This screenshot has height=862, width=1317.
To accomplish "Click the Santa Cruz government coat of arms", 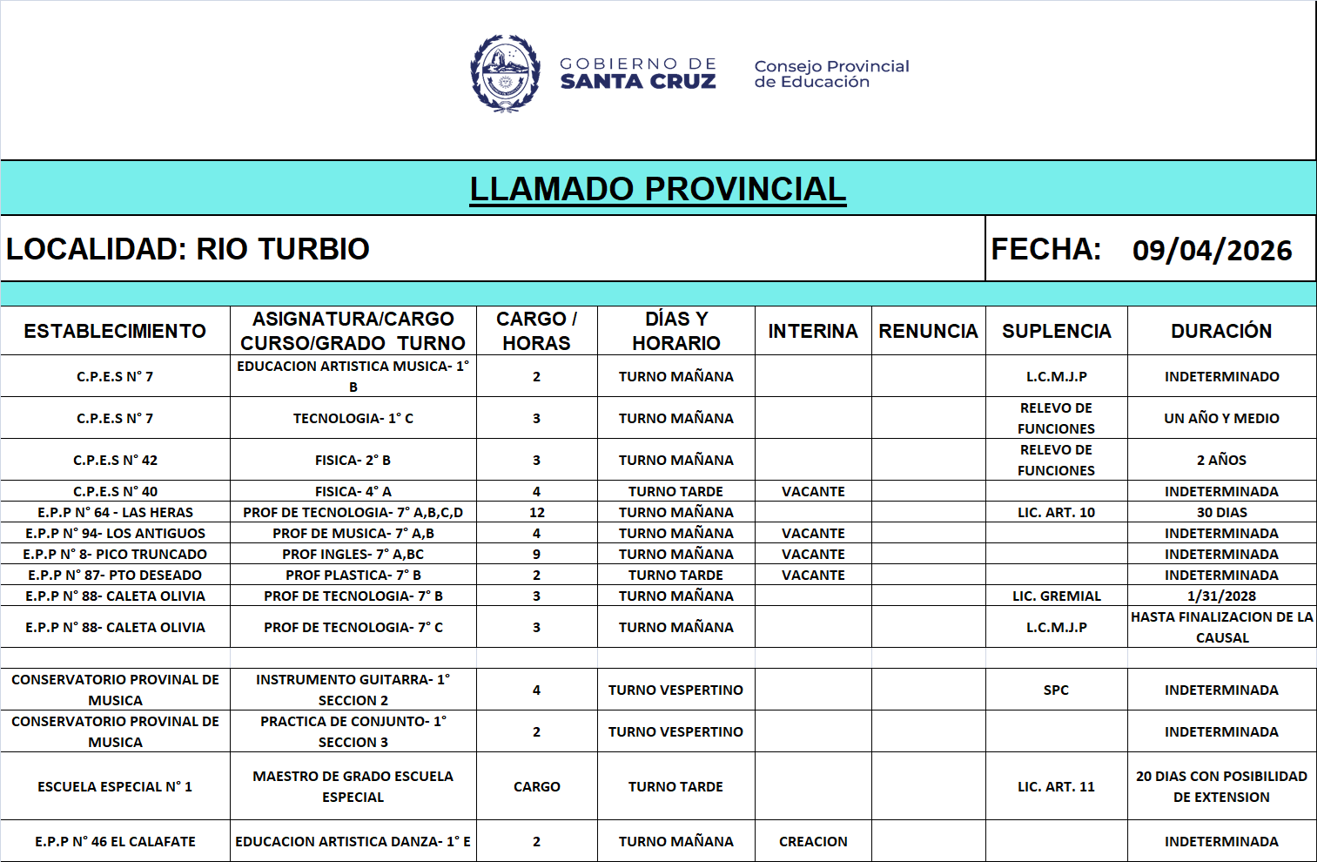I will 505,73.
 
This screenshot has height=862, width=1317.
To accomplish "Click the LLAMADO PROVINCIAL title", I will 657,189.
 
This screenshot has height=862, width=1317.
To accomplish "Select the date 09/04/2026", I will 1212,251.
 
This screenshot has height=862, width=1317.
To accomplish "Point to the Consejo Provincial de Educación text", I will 831,74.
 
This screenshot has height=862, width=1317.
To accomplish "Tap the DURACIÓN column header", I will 1221,331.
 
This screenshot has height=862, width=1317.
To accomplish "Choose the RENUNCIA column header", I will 928,331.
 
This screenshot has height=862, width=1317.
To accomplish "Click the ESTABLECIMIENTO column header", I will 115,331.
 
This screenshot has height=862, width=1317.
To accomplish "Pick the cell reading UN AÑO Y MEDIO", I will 1221,418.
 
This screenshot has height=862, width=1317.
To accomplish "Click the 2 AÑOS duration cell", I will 1221,460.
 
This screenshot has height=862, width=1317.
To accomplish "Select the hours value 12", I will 537,512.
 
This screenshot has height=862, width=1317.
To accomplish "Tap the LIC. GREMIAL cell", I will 1056,596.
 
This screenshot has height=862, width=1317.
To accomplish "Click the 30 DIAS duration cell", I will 1221,512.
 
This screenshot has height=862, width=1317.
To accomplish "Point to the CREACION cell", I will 813,841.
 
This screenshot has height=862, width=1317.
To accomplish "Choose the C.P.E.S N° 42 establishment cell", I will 115,460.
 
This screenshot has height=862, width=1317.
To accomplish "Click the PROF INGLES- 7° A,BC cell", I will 353,554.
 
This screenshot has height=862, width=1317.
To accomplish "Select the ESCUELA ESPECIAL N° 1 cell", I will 115,786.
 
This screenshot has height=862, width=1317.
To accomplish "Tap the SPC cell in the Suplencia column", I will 1056,690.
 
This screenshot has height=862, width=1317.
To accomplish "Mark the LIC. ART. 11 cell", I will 1056,786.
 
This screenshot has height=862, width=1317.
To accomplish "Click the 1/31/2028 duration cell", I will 1221,596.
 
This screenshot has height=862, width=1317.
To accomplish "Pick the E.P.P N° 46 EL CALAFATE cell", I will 115,841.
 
